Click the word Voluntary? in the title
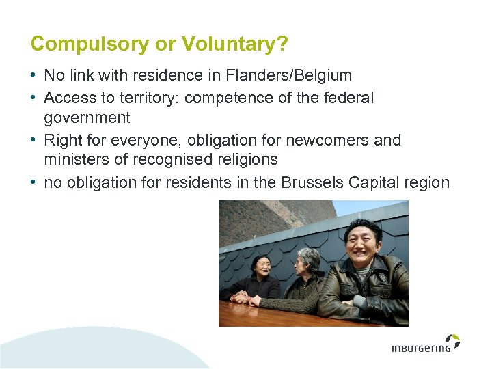pyautogui.click(x=233, y=44)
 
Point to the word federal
pyautogui.click(x=348, y=98)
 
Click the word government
pyautogui.click(x=87, y=118)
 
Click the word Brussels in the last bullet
pyautogui.click(x=311, y=182)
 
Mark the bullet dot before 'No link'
pyautogui.click(x=34, y=75)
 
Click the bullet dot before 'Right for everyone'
pyautogui.click(x=34, y=140)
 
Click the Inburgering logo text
pyautogui.click(x=421, y=348)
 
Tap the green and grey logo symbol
pyautogui.click(x=452, y=341)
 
